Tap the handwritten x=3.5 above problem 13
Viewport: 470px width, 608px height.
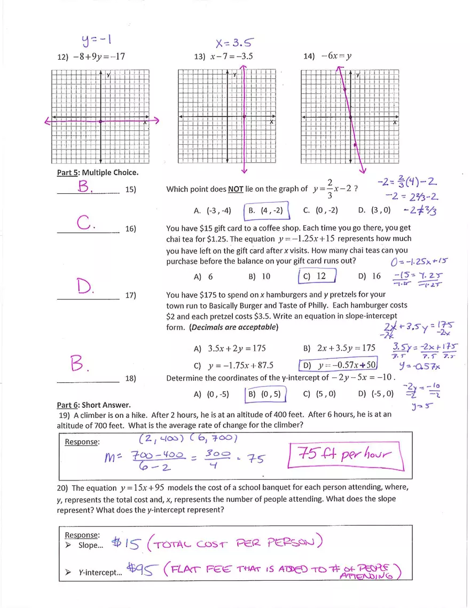233,42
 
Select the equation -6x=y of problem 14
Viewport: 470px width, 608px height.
335,56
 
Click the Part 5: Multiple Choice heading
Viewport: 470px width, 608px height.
97,172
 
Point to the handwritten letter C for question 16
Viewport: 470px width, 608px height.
86,223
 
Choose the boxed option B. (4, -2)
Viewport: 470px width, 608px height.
266,210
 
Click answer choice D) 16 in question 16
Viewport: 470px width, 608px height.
369,277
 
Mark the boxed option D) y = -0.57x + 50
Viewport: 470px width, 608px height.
339,366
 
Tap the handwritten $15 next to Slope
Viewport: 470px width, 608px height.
126,544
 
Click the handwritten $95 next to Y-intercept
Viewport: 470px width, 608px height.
142,570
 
